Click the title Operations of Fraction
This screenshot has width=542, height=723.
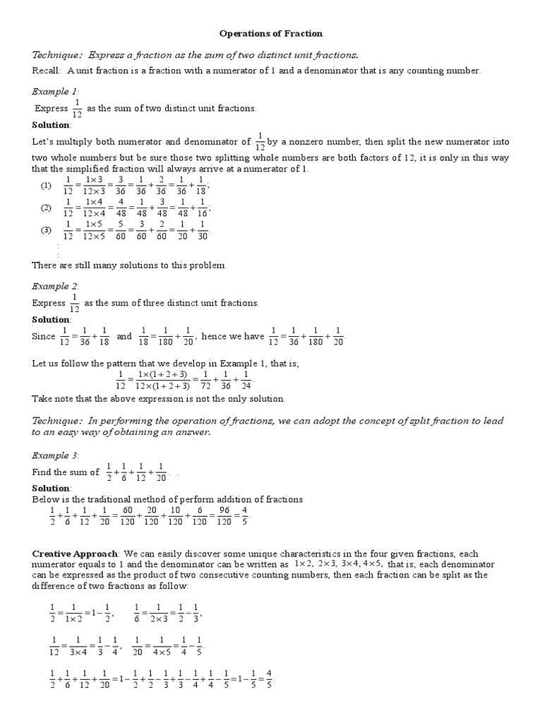[271, 33]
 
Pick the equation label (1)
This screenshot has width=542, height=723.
[46, 186]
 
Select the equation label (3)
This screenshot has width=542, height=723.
[46, 230]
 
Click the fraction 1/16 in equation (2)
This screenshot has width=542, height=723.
[203, 209]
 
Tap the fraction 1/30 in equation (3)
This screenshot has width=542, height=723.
[203, 231]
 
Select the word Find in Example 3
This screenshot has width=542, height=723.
[42, 472]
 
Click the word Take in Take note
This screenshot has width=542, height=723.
[42, 398]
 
